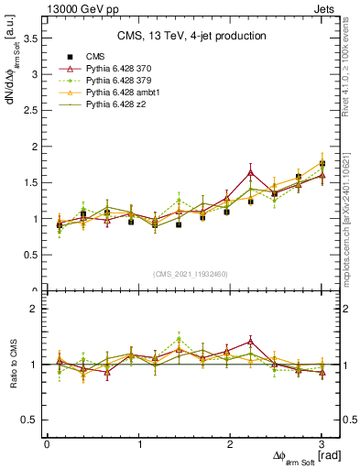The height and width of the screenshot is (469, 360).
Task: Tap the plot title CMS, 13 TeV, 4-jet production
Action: click(x=191, y=36)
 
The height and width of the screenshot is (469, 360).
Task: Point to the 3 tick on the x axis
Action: click(x=322, y=443)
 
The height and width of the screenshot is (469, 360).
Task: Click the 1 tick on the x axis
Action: click(x=139, y=443)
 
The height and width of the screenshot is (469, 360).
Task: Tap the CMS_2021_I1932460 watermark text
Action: click(x=191, y=273)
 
